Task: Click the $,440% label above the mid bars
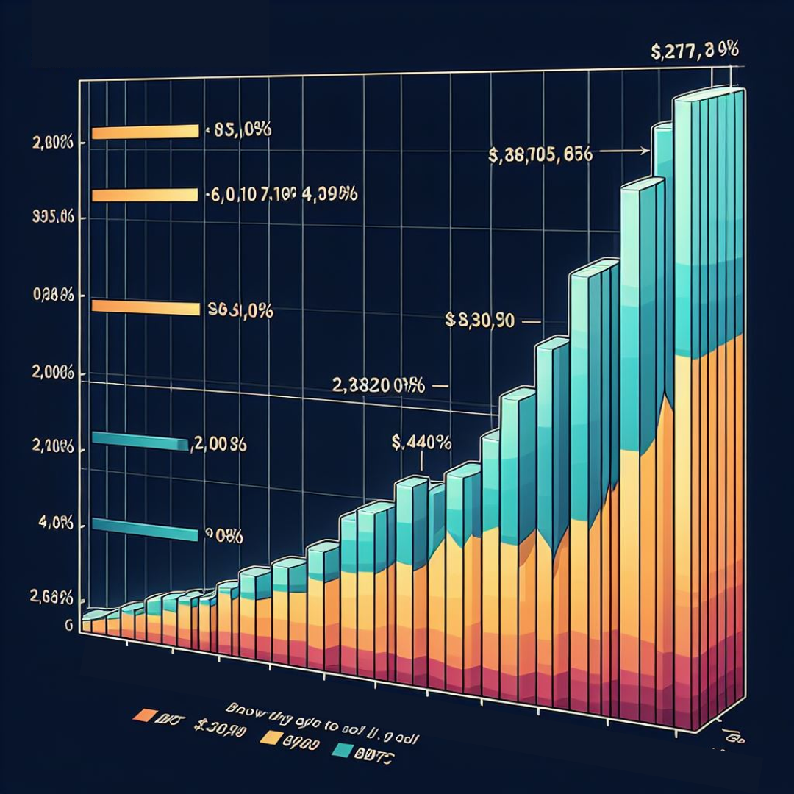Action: [421, 443]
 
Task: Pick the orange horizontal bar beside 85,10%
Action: [145, 132]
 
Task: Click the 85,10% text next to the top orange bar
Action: [241, 131]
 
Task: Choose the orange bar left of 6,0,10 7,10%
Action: [145, 196]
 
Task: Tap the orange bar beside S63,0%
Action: [145, 307]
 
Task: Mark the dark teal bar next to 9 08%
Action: [145, 529]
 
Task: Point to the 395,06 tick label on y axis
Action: [46, 218]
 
